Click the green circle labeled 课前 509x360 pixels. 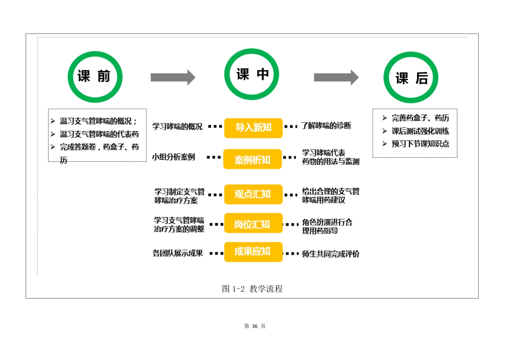pyautogui.click(x=95, y=77)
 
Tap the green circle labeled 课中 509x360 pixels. pyautogui.click(x=251, y=74)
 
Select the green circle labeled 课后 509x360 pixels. pyautogui.click(x=411, y=78)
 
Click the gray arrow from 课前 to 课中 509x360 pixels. pyautogui.click(x=173, y=77)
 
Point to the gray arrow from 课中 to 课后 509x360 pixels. pyautogui.click(x=336, y=77)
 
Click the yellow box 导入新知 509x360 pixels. pyautogui.click(x=253, y=128)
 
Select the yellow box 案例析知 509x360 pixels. pyautogui.click(x=252, y=159)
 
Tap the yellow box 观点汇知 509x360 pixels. pyautogui.click(x=253, y=194)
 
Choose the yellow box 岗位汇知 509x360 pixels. pyautogui.click(x=253, y=223)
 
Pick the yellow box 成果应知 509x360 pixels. pyautogui.click(x=253, y=252)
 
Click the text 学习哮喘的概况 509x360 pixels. pyautogui.click(x=177, y=127)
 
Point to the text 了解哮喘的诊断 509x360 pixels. pyautogui.click(x=326, y=126)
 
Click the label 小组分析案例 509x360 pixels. pyautogui.click(x=174, y=157)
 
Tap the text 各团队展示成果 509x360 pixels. pyautogui.click(x=178, y=253)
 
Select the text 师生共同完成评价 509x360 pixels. pyautogui.click(x=330, y=254)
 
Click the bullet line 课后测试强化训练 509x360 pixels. pyautogui.click(x=420, y=131)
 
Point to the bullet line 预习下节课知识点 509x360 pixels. pyautogui.click(x=420, y=144)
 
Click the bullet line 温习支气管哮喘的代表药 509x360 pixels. pyautogui.click(x=99, y=134)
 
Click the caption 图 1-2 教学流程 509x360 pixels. pyautogui.click(x=252, y=289)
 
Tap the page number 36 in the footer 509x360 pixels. pyautogui.click(x=255, y=326)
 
